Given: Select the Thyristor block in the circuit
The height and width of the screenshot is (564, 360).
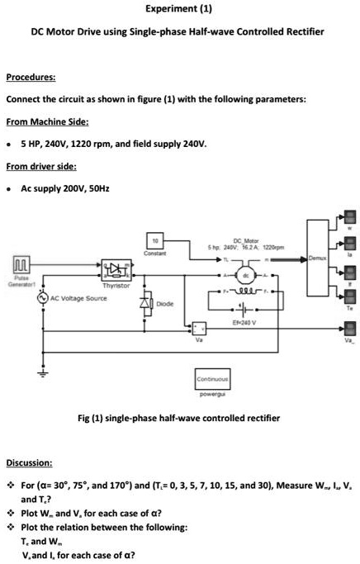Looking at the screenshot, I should point(112,269).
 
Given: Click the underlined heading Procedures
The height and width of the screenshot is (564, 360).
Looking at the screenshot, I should point(31,78).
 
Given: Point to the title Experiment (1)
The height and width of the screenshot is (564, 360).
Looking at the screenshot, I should point(178,11).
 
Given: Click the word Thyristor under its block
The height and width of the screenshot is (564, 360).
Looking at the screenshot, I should point(114,285).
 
